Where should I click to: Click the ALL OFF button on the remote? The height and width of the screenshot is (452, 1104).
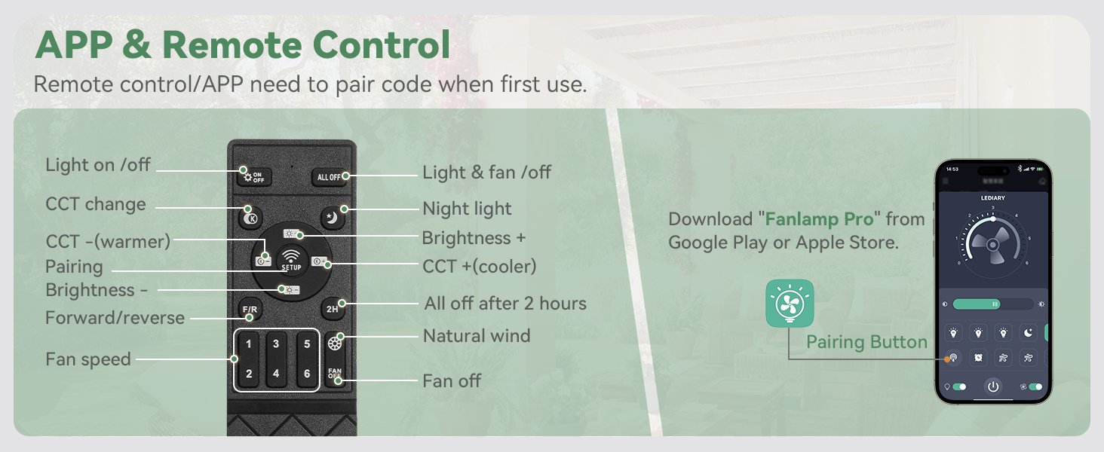pyautogui.click(x=330, y=177)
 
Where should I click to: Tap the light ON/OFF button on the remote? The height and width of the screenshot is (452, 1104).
pyautogui.click(x=253, y=177)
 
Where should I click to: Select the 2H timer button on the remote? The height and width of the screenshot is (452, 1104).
pyautogui.click(x=332, y=308)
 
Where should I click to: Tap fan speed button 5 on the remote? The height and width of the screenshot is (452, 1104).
pyautogui.click(x=307, y=344)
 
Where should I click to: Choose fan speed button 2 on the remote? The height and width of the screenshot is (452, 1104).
pyautogui.click(x=249, y=374)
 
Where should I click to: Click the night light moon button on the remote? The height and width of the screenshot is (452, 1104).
pyautogui.click(x=332, y=218)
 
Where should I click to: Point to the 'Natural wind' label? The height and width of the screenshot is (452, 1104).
pyautogui.click(x=477, y=336)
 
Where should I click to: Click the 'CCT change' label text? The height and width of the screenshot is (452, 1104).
pyautogui.click(x=96, y=204)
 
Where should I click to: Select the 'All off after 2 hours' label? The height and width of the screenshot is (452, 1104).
pyautogui.click(x=505, y=304)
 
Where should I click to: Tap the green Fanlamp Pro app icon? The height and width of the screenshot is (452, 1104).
pyautogui.click(x=790, y=303)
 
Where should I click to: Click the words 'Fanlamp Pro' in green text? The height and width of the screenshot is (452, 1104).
pyautogui.click(x=819, y=219)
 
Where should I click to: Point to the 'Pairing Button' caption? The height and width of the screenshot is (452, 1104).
pyautogui.click(x=866, y=342)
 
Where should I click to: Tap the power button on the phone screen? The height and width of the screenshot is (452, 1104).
pyautogui.click(x=993, y=386)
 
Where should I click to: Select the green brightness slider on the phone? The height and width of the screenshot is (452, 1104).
pyautogui.click(x=976, y=304)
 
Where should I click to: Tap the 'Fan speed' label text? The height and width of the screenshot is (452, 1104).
pyautogui.click(x=88, y=359)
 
